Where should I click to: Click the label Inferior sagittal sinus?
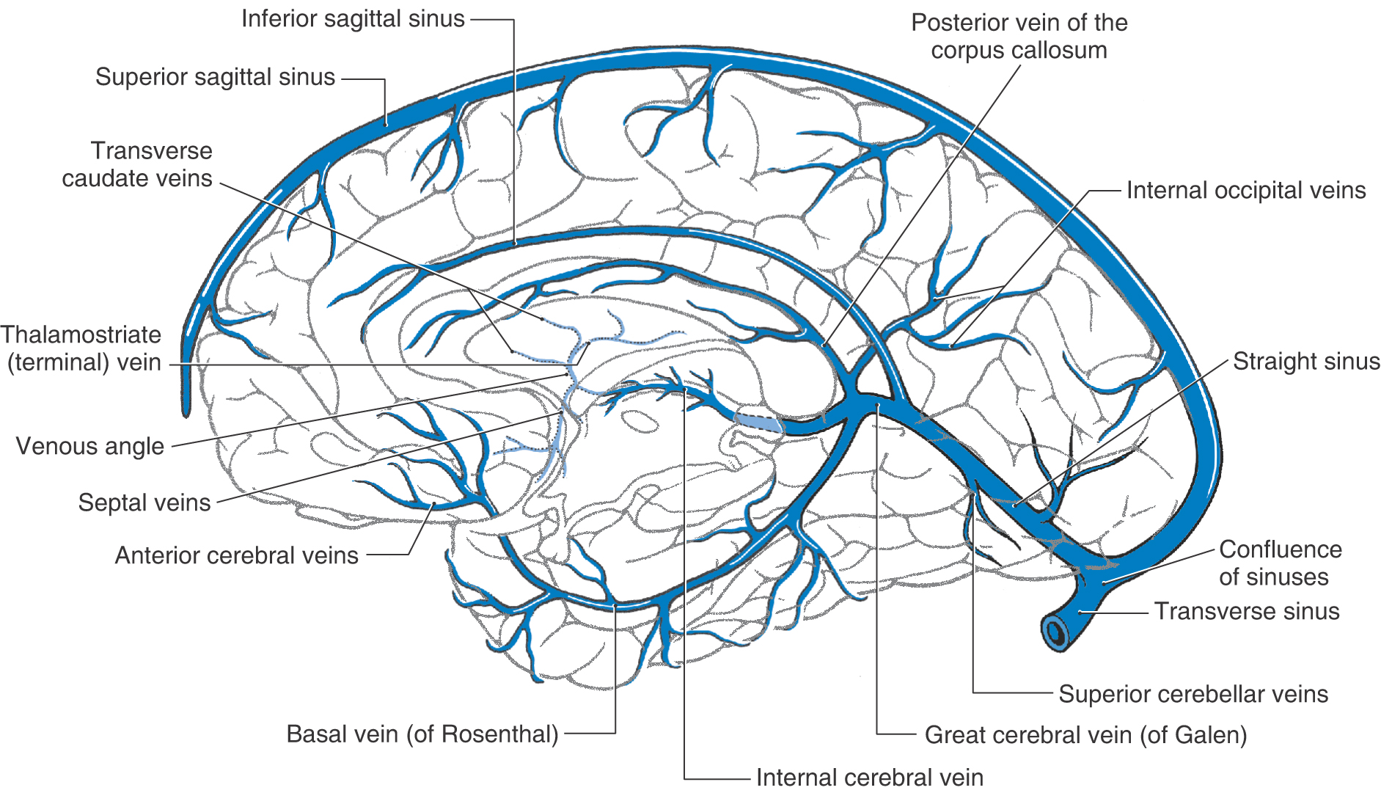[x=353, y=19]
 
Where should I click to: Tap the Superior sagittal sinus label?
[x=215, y=77]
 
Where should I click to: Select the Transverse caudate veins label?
[x=138, y=164]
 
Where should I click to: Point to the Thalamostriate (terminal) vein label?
[x=81, y=348]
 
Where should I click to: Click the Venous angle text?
[x=90, y=446]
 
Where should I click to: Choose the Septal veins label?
[x=144, y=503]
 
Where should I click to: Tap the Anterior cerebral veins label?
[x=237, y=555]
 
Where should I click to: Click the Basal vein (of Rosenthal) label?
[x=422, y=734]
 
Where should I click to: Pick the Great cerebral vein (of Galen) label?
[x=1085, y=734]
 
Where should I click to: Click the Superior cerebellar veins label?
[x=1193, y=694]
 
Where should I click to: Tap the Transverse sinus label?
[x=1247, y=611]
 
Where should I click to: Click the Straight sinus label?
[x=1306, y=361]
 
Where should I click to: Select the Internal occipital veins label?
[x=1246, y=191]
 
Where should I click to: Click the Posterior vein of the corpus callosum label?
[x=1019, y=37]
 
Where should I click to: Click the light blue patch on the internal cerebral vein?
[x=758, y=423]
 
